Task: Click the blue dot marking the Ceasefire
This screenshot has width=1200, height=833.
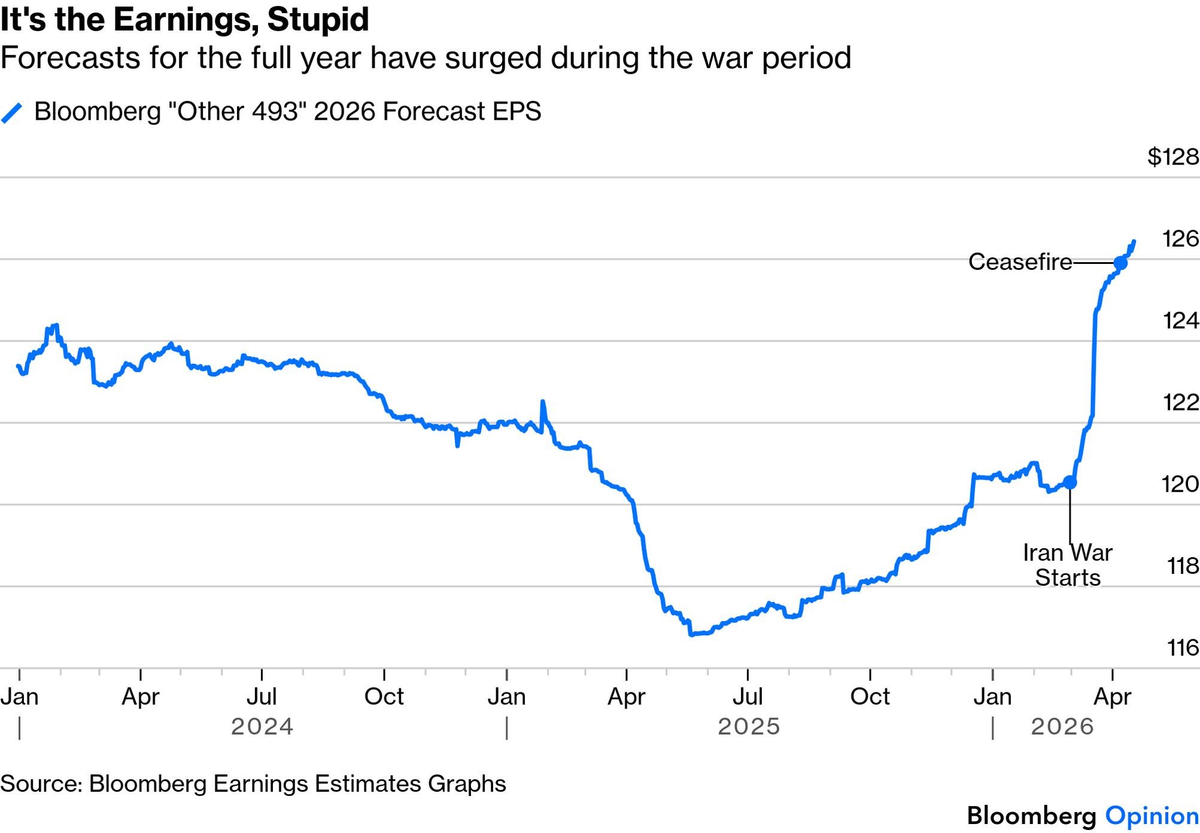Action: click(x=1120, y=263)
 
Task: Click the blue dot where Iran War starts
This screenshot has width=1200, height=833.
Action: click(x=1070, y=482)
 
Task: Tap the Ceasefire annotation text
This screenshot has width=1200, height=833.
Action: click(x=1020, y=262)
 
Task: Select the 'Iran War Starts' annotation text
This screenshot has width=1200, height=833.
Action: click(x=1067, y=565)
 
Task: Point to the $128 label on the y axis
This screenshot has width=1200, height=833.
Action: click(x=1172, y=157)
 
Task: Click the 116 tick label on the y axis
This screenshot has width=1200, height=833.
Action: click(x=1182, y=647)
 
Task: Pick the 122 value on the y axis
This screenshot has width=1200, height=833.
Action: click(x=1180, y=402)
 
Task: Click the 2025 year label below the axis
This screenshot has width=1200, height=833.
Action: click(x=749, y=726)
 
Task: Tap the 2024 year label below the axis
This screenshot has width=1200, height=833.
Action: click(x=262, y=726)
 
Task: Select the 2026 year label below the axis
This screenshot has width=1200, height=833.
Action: click(x=1062, y=726)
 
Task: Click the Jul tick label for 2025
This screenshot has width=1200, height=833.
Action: click(x=748, y=697)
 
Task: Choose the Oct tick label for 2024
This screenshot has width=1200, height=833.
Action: click(x=384, y=697)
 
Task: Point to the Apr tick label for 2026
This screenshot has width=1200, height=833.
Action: click(x=1112, y=697)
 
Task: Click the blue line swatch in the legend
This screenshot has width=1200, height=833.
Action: click(x=12, y=113)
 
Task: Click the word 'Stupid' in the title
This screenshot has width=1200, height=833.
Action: click(x=318, y=19)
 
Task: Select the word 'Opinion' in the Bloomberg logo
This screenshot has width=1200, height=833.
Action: click(x=1152, y=816)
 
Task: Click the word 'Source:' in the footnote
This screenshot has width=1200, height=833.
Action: click(x=41, y=783)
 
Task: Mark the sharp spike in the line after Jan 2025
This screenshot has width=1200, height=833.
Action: click(x=543, y=403)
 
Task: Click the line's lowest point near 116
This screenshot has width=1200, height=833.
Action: click(x=691, y=634)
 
